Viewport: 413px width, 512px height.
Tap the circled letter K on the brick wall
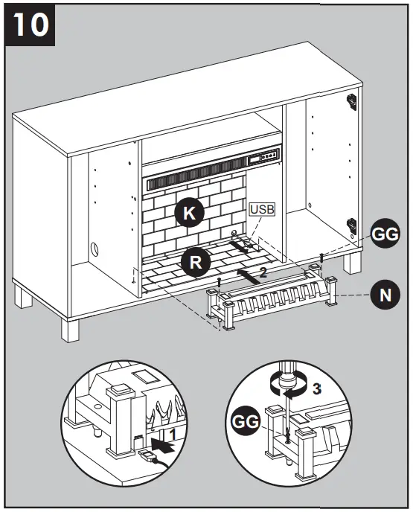click(x=190, y=213)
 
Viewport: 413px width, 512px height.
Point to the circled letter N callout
click(x=385, y=295)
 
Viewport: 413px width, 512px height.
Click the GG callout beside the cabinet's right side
click(x=385, y=235)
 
